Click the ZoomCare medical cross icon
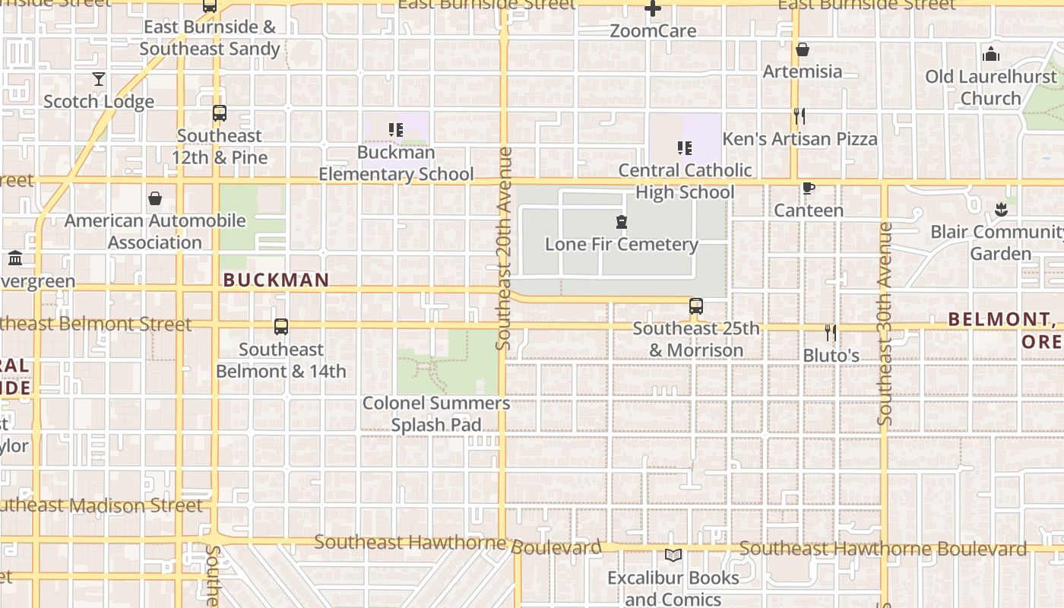point(652,9)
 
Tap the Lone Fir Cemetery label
point(621,244)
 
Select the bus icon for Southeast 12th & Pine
point(220,113)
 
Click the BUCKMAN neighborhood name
point(276,280)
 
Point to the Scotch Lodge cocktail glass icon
point(99,79)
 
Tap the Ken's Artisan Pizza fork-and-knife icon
point(799,116)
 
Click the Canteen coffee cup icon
point(808,188)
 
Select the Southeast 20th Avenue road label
point(504,248)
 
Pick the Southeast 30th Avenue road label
point(884,323)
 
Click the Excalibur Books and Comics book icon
point(673,556)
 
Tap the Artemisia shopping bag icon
point(802,50)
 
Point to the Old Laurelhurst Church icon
point(990,54)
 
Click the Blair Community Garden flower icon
point(1001,210)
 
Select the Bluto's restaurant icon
point(831,332)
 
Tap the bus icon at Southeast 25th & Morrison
point(695,306)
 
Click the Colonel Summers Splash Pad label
point(436,413)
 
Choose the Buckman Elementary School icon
point(395,130)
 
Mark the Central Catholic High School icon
point(684,147)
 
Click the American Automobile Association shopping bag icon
point(155,198)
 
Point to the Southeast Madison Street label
point(102,505)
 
